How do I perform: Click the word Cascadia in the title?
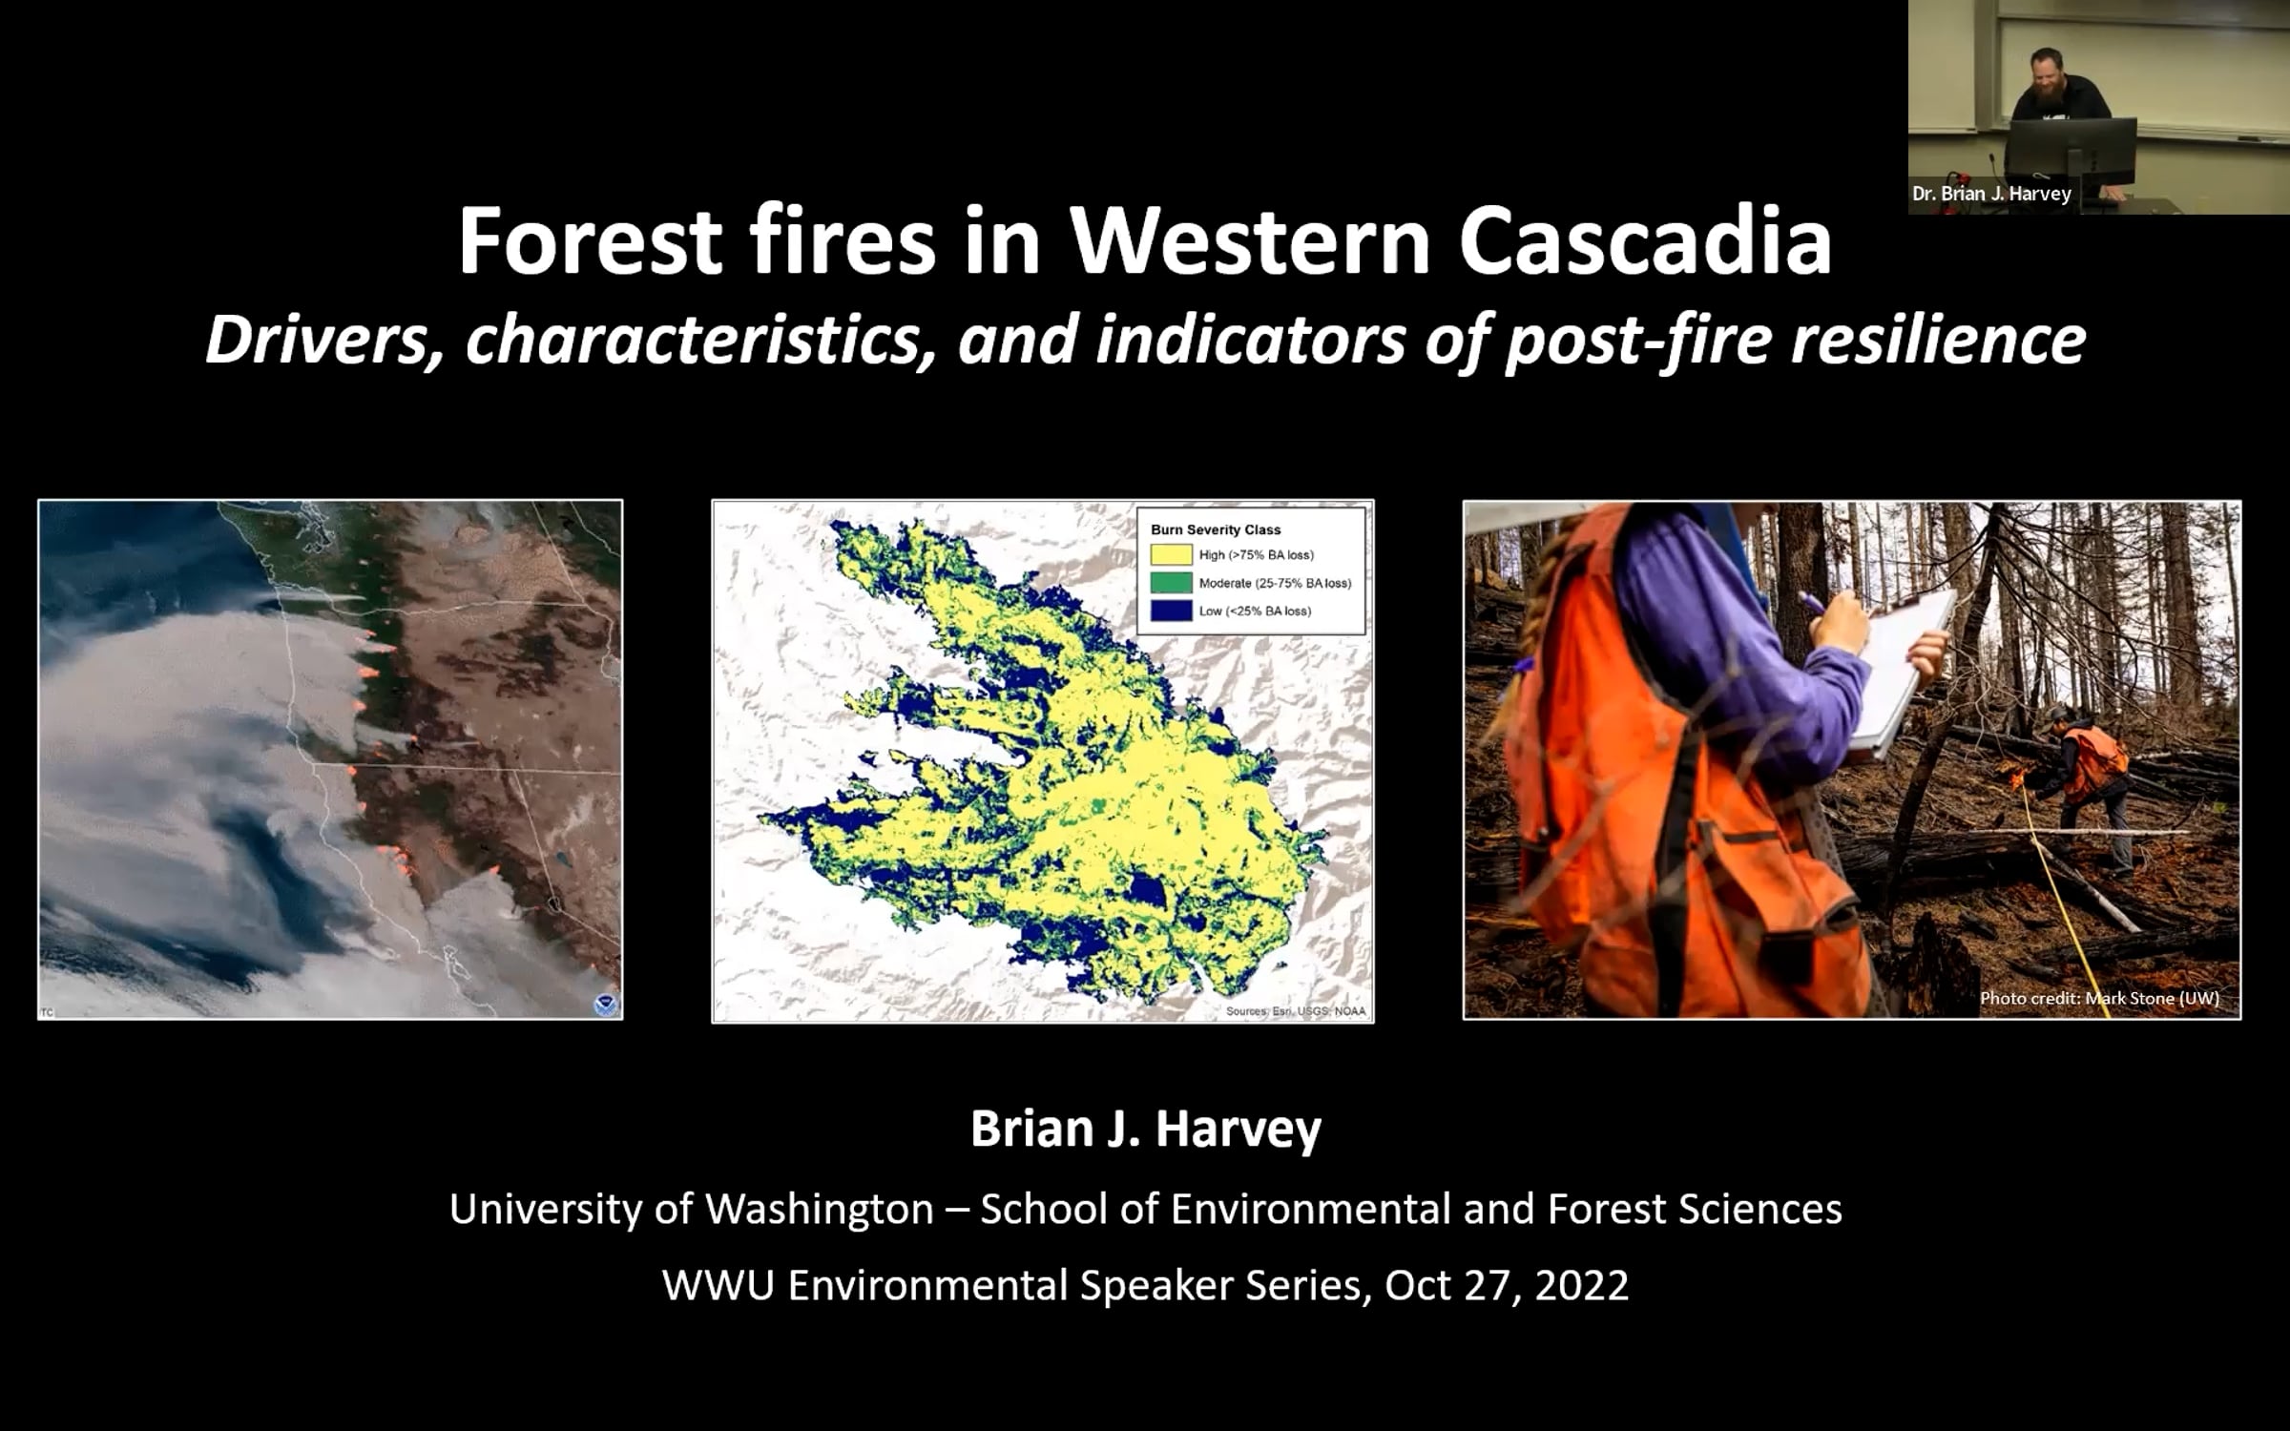click(x=1645, y=241)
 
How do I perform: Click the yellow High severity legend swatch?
click(x=1171, y=555)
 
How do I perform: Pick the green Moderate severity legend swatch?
click(x=1171, y=583)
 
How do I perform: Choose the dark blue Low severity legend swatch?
click(x=1171, y=611)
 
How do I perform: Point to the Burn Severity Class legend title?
click(x=1216, y=529)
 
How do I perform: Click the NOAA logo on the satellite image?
click(x=605, y=1005)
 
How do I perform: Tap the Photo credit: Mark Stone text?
click(x=2099, y=998)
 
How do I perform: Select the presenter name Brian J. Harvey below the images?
click(x=1146, y=1129)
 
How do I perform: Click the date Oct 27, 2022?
click(x=1507, y=1285)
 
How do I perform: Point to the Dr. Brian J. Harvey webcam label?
click(x=1991, y=194)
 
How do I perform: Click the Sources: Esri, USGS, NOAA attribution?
click(x=1295, y=1011)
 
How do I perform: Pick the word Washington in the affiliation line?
click(x=820, y=1210)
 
